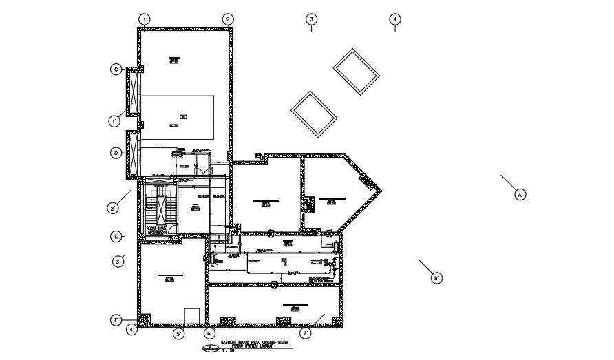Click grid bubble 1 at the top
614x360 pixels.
click(145, 19)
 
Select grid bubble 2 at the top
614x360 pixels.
click(228, 19)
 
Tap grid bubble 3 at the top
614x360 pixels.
click(311, 19)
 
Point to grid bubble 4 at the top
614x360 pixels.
click(395, 19)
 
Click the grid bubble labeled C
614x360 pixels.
click(116, 70)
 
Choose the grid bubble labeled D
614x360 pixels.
click(116, 153)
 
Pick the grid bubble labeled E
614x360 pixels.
click(116, 236)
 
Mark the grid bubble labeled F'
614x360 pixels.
click(116, 320)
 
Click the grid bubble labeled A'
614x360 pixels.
click(521, 195)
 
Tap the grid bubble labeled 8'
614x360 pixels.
click(436, 278)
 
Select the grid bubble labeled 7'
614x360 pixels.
click(306, 334)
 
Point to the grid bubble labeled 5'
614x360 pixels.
click(178, 334)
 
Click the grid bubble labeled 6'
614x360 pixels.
click(209, 334)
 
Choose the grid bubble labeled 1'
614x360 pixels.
click(114, 122)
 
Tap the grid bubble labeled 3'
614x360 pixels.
click(118, 262)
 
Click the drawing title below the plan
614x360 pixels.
click(255, 343)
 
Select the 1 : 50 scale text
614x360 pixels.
click(228, 351)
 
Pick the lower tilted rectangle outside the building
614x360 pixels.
click(314, 113)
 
